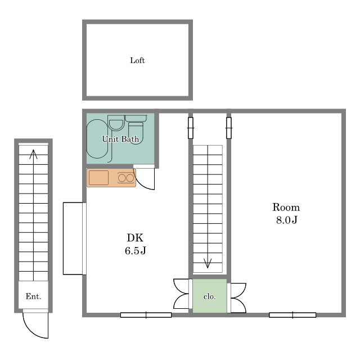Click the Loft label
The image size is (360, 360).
pyautogui.click(x=137, y=60)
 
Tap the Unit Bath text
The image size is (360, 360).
pyautogui.click(x=120, y=139)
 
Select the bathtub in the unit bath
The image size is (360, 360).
pyautogui.click(x=97, y=139)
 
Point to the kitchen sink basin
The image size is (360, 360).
pyautogui.click(x=99, y=178)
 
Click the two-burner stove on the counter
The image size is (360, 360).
pyautogui.click(x=126, y=178)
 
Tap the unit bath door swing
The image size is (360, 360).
pyautogui.click(x=144, y=179)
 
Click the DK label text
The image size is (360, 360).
pyautogui.click(x=135, y=237)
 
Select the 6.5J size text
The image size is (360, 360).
pyautogui.click(x=136, y=250)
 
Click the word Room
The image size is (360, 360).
pyautogui.click(x=286, y=208)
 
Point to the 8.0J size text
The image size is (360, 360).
pyautogui.click(x=286, y=220)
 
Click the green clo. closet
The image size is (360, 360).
pyautogui.click(x=210, y=296)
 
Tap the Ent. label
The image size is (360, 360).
pyautogui.click(x=33, y=296)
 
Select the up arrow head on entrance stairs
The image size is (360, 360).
pyautogui.click(x=34, y=154)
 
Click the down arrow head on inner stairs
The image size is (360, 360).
pyautogui.click(x=208, y=263)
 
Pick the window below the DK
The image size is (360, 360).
pyautogui.click(x=146, y=315)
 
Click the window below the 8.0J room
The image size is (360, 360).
pyautogui.click(x=292, y=315)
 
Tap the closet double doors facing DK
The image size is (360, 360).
pyautogui.click(x=181, y=294)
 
